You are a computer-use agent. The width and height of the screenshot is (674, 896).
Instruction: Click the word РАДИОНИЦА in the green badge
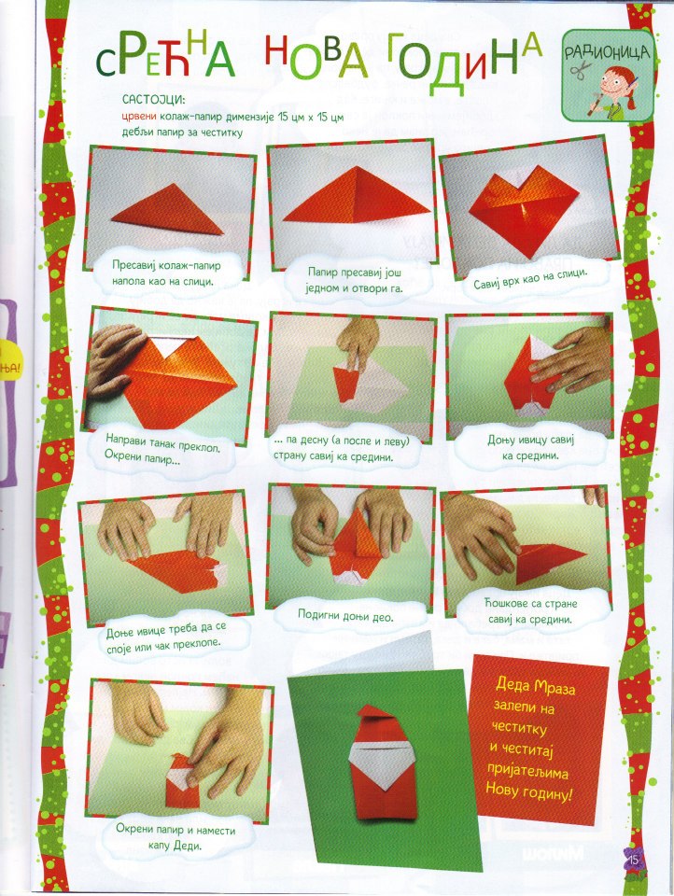coord(607,52)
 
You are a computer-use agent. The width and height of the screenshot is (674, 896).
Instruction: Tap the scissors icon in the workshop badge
coord(581,72)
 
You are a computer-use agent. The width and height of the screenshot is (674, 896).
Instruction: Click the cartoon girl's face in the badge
coord(617,81)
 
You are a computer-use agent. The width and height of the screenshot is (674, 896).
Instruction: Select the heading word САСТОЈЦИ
coord(153,100)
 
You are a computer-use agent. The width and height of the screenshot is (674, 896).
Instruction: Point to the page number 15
coord(633,860)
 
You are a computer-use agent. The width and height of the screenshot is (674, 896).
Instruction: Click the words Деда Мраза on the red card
coord(535,686)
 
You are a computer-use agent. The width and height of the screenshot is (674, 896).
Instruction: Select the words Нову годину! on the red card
coord(528,791)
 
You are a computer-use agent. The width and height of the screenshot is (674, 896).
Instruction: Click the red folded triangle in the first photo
coord(167,211)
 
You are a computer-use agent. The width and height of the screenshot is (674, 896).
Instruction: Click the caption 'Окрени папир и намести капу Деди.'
coord(176,836)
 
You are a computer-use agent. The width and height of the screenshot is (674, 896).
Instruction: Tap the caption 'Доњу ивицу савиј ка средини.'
coord(530,447)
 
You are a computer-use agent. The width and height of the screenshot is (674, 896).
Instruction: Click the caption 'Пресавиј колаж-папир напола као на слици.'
coord(166,273)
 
